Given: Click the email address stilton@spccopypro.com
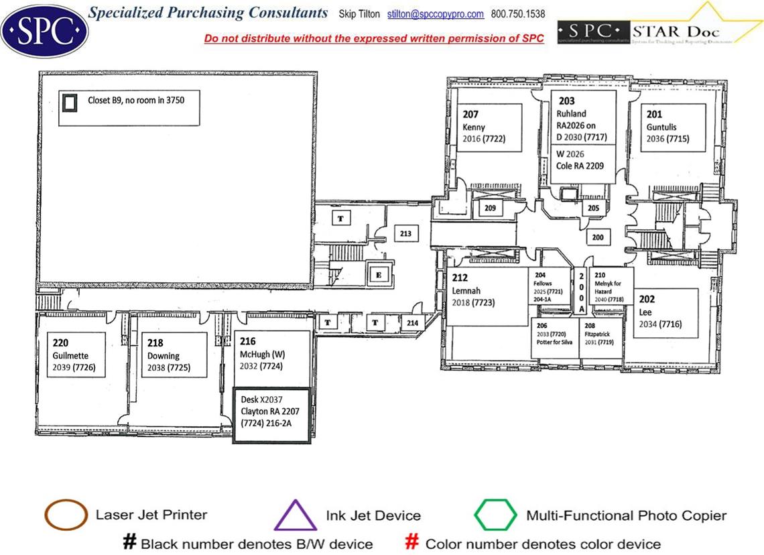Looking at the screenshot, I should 436,14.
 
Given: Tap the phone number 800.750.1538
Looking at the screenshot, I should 518,14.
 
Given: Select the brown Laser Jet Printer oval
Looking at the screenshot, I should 66,515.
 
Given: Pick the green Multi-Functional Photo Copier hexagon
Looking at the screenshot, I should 495,515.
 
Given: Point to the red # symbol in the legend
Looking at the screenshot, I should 413,542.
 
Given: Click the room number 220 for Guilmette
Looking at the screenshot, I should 61,342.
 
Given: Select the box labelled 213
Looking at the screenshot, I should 405,234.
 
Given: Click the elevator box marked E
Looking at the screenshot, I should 378,274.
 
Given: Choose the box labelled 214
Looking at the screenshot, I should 413,323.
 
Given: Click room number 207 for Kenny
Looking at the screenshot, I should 470,114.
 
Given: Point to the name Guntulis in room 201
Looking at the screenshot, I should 664,126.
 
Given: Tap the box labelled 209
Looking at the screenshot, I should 491,208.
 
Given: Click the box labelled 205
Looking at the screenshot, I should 593,208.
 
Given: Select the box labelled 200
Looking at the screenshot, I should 597,237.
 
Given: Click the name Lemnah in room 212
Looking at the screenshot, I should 467,291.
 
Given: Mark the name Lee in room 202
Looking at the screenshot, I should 645,312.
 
